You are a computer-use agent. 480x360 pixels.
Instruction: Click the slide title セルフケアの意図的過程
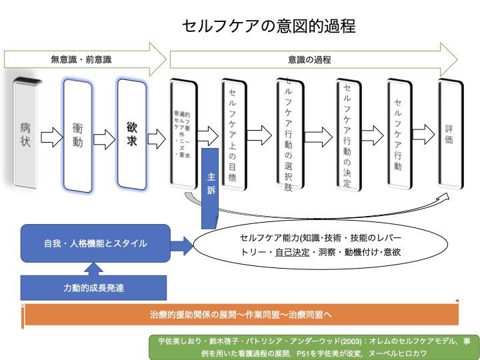(269, 26)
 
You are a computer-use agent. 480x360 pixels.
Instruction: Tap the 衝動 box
(77, 133)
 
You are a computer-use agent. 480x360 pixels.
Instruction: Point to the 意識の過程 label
(310, 59)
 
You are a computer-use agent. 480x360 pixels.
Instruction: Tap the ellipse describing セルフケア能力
(320, 245)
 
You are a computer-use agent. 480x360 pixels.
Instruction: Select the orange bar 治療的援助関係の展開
(241, 313)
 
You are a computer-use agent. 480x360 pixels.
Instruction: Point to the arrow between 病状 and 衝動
(51, 138)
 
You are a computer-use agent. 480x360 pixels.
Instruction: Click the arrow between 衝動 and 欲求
(105, 138)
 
